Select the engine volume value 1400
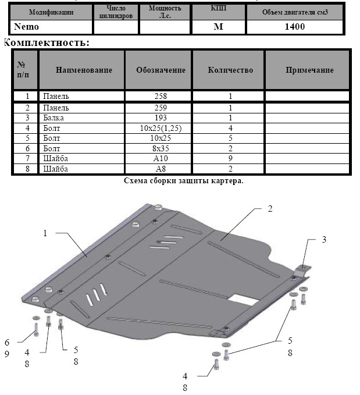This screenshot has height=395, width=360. pos(294,27)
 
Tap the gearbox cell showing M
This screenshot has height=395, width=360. pos(218,27)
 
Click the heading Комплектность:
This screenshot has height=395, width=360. pos(47,42)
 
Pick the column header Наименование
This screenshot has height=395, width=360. pos(84,70)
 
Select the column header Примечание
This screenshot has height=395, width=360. pos(309,70)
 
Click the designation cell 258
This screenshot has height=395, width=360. pos(161,96)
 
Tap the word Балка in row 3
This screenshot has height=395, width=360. pos(54,118)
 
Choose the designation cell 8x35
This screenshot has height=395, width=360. pos(161,148)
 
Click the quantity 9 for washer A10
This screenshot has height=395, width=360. pos(230,158)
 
